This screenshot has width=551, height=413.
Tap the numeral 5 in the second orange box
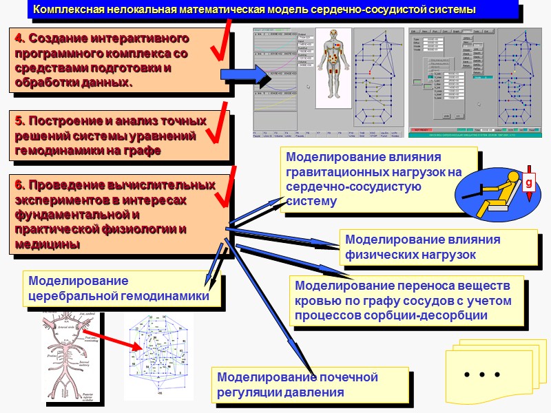tap(18, 121)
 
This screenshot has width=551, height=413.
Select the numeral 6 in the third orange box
tap(18, 184)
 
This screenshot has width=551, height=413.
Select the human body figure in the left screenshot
tap(333, 65)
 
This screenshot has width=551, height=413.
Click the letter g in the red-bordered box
tap(529, 184)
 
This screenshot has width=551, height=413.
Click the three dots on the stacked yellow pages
tap(481, 375)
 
